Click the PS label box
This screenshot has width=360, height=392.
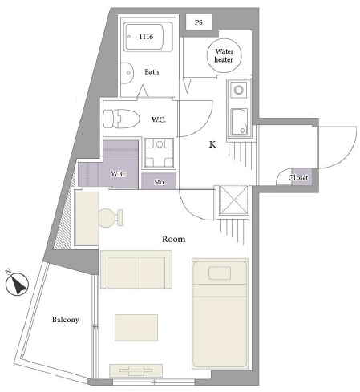pyautogui.click(x=199, y=22)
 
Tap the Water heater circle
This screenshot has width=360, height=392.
pyautogui.click(x=224, y=55)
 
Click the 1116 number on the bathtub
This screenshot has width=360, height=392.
pyautogui.click(x=146, y=37)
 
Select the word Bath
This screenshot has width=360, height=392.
pyautogui.click(x=152, y=71)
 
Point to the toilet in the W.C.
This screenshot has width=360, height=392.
pyautogui.click(x=122, y=119)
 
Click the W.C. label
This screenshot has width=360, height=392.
pyautogui.click(x=159, y=119)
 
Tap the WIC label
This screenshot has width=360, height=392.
pyautogui.click(x=118, y=174)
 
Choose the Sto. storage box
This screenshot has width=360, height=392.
pyautogui.click(x=159, y=181)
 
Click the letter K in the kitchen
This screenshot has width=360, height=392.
pyautogui.click(x=212, y=144)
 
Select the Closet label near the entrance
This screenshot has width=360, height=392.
pyautogui.click(x=298, y=177)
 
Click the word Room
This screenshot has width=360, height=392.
pyautogui.click(x=174, y=239)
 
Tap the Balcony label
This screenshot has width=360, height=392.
pyautogui.click(x=66, y=320)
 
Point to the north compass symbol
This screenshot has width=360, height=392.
pyautogui.click(x=17, y=283)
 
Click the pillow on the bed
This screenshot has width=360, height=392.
pyautogui.click(x=220, y=273)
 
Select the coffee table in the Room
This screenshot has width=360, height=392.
pyautogui.click(x=136, y=328)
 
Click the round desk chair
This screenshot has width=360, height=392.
pyautogui.click(x=111, y=217)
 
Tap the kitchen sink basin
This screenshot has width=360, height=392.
pyautogui.click(x=239, y=122)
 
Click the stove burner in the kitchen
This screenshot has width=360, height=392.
pyautogui.click(x=239, y=90)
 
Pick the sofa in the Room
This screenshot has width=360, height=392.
pyautogui.click(x=136, y=269)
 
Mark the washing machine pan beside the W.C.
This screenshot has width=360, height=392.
pyautogui.click(x=159, y=153)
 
